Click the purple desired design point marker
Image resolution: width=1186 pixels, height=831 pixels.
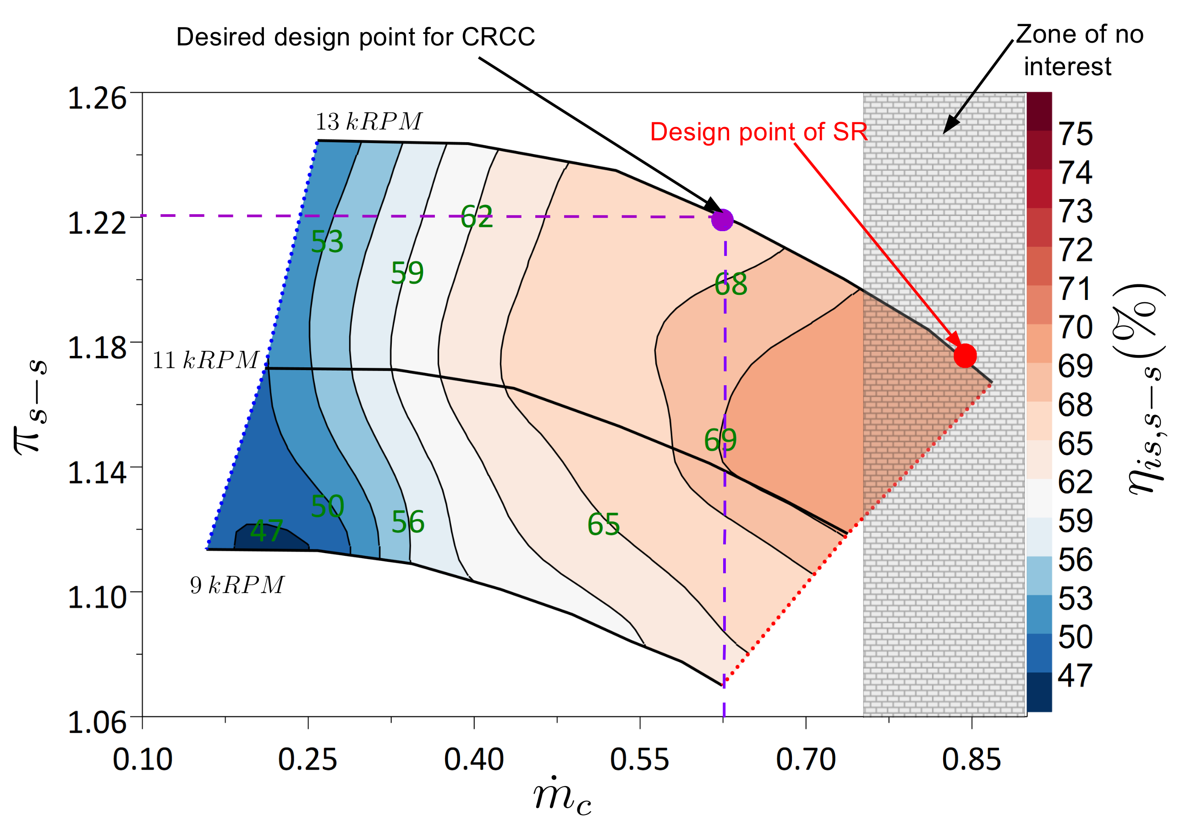coord(722,220)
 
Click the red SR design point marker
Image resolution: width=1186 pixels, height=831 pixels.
coord(965,355)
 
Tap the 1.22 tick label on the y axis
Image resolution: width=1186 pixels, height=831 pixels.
coord(97,223)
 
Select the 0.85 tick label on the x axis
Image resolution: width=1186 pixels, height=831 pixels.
coord(971,759)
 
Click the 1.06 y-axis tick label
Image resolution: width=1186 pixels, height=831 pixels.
coord(97,722)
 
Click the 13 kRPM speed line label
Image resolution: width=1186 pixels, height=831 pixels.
coord(369,122)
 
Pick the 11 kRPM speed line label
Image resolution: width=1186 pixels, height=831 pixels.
coord(206,360)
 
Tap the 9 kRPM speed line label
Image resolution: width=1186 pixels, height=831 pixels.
coord(237,585)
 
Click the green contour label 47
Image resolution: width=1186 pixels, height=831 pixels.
coord(267,531)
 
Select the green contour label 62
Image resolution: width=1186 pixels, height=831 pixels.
coord(476,216)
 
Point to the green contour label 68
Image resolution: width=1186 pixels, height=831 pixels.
coord(731,284)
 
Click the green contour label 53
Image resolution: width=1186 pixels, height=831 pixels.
coord(327,241)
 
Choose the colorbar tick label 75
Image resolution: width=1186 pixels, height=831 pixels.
coord(1076,134)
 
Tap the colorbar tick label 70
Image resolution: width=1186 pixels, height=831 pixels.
coord(1076,327)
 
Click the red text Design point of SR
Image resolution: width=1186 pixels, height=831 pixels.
coord(758,132)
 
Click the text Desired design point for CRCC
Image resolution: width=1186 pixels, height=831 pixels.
coord(355,37)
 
